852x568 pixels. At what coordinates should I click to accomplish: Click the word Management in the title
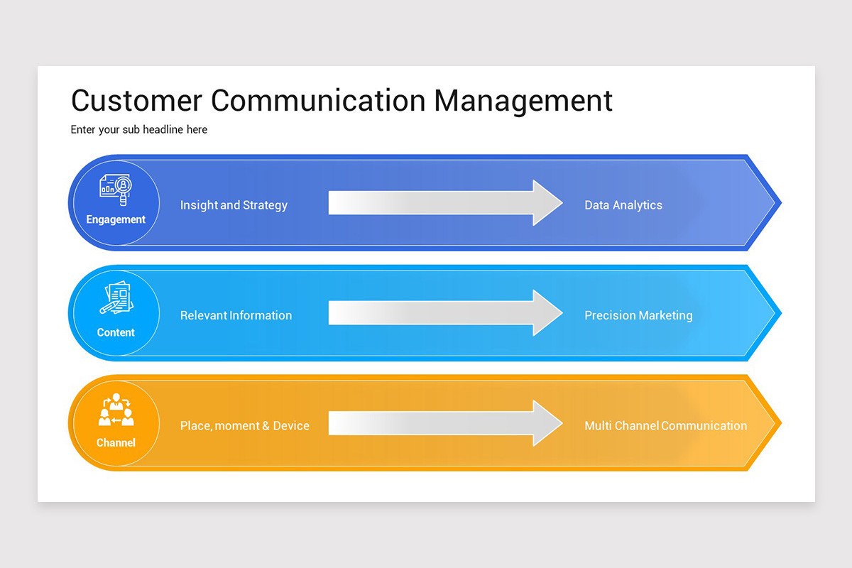523,100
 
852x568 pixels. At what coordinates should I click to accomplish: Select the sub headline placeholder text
139,130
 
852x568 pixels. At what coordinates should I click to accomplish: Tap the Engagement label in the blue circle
116,219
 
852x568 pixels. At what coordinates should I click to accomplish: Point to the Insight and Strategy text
234,205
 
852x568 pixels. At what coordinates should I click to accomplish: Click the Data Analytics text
623,205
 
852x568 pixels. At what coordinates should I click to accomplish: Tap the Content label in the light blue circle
116,332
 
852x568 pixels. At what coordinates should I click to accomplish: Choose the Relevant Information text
236,315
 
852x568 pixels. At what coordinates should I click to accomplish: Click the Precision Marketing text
638,315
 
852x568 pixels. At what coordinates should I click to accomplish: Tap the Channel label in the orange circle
116,442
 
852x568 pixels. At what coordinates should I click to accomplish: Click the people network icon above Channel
116,410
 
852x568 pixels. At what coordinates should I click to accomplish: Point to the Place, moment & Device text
244,426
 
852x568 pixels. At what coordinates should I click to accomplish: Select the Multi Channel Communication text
665,426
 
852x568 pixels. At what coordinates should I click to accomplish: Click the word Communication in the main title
318,100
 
